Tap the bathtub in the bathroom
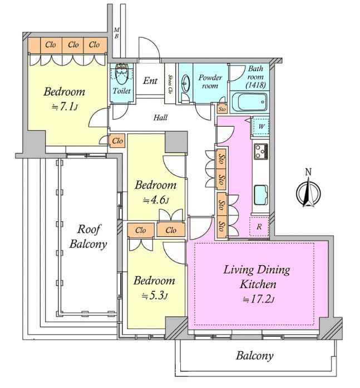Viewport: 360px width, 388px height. click(249, 103)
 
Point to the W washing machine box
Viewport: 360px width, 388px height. click(260, 126)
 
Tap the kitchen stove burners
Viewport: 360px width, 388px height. click(260, 151)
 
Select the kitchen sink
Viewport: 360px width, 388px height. click(260, 195)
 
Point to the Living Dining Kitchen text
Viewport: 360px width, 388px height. click(257, 277)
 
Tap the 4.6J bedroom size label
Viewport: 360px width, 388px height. click(156, 200)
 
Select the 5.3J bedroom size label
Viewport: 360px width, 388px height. click(155, 296)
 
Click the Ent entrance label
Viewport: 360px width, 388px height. click(150, 81)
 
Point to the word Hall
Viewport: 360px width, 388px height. click(160, 118)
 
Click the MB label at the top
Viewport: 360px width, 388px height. click(116, 33)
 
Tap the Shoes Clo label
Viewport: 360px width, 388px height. click(170, 84)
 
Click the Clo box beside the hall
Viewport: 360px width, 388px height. click(117, 141)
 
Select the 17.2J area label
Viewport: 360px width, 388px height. click(257, 300)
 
